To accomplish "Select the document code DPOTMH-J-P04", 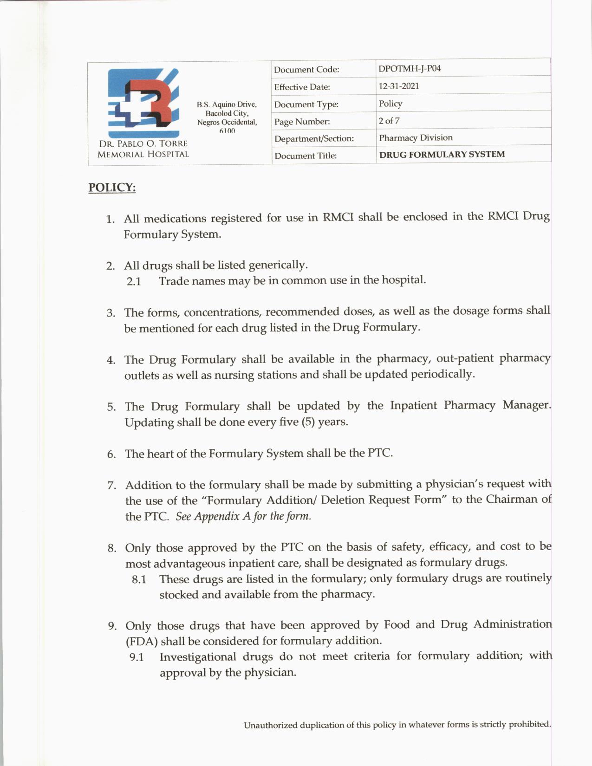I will point(410,69).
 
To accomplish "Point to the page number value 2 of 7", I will point(389,121).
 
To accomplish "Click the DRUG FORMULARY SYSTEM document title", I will point(442,155).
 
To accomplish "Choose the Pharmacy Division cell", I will point(416,138).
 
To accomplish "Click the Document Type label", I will point(306,104).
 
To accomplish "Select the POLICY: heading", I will point(112,188).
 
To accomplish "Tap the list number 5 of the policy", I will point(111,407).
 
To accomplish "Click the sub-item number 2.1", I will point(134,281).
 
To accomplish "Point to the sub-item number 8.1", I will point(139,579).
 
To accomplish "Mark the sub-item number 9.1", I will point(137,657).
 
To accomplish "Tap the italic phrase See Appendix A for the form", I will point(243,516).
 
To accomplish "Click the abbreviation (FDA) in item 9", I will point(142,642).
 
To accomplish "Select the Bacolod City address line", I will point(227,113).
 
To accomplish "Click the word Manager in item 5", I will point(527,405).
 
